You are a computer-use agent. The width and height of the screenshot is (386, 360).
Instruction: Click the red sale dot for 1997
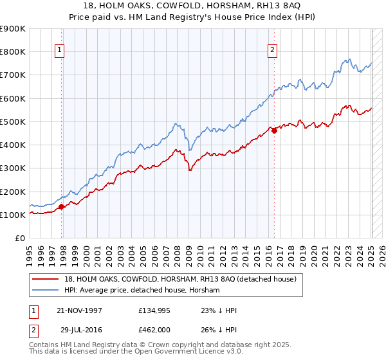pos(62,206)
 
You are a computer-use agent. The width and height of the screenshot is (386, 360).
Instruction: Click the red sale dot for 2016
pos(275,130)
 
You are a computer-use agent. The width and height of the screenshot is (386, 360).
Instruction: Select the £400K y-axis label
pos(12,145)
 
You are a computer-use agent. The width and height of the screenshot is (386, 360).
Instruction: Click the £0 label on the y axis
pos(19,239)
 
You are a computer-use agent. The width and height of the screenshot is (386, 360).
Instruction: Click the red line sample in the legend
pos(46,280)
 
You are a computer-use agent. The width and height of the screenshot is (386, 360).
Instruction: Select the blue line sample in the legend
pos(46,291)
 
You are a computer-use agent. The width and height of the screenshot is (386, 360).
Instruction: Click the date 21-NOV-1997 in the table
pos(79,311)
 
